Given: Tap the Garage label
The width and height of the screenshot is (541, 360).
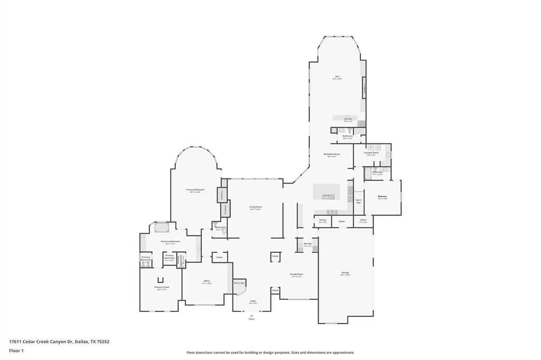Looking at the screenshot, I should (344, 273).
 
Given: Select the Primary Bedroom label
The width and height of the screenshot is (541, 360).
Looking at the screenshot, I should (195, 190).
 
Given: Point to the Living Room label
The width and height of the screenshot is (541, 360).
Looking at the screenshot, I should (256, 207).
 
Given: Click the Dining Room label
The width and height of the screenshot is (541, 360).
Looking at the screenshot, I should (296, 274).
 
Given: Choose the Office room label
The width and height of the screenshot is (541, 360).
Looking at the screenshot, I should (207, 281).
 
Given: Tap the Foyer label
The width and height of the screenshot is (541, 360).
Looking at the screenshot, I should (253, 301).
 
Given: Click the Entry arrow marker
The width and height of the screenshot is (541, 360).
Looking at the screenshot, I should (251, 316).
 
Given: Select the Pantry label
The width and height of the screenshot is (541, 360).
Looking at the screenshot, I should (322, 221).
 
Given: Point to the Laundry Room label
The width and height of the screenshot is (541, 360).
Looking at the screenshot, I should (372, 153).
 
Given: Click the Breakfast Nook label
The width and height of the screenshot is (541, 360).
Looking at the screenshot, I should (332, 155).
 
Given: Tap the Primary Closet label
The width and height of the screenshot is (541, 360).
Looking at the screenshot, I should (162, 288).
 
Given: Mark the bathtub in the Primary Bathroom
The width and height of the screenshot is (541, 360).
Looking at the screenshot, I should (161, 229).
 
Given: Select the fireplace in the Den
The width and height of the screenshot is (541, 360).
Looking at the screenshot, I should (364, 88).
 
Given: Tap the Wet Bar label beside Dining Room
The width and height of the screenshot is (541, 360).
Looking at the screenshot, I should (307, 244).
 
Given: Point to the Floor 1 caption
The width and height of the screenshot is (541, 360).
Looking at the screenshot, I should (16, 350).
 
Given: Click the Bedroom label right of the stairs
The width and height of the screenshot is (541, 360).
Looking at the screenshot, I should (382, 197).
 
